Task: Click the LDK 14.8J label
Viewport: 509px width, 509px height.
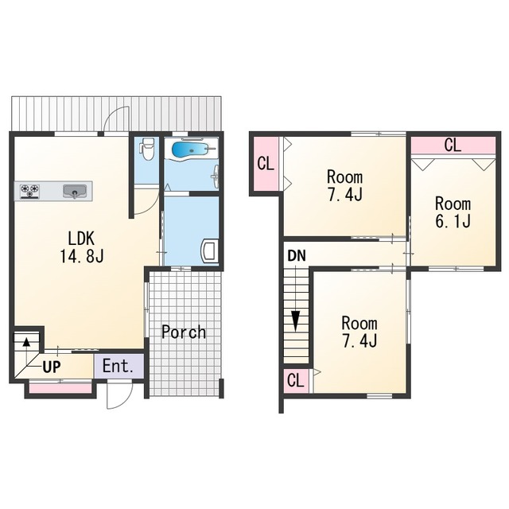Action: (81, 247)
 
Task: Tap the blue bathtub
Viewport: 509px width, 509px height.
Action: (189, 150)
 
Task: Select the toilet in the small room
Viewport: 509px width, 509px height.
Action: (148, 149)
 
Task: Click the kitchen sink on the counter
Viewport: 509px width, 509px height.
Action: (75, 192)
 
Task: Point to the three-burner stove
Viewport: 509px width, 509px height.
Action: (30, 191)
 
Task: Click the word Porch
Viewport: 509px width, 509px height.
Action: (184, 332)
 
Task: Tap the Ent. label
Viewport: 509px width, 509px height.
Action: (118, 366)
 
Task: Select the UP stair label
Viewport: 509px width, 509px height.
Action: (52, 367)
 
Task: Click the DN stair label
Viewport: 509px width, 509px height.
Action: (297, 256)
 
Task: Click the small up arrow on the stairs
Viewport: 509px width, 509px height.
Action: (26, 342)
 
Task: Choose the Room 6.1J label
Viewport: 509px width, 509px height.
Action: (453, 212)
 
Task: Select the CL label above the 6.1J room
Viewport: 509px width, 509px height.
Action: (453, 145)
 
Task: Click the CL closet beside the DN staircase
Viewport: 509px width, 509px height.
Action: (296, 380)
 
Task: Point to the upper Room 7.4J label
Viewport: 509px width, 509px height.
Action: (344, 185)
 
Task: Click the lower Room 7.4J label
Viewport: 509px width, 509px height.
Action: (359, 332)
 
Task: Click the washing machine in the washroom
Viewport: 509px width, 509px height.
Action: (210, 251)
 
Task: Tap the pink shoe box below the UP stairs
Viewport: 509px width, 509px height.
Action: (60, 389)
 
